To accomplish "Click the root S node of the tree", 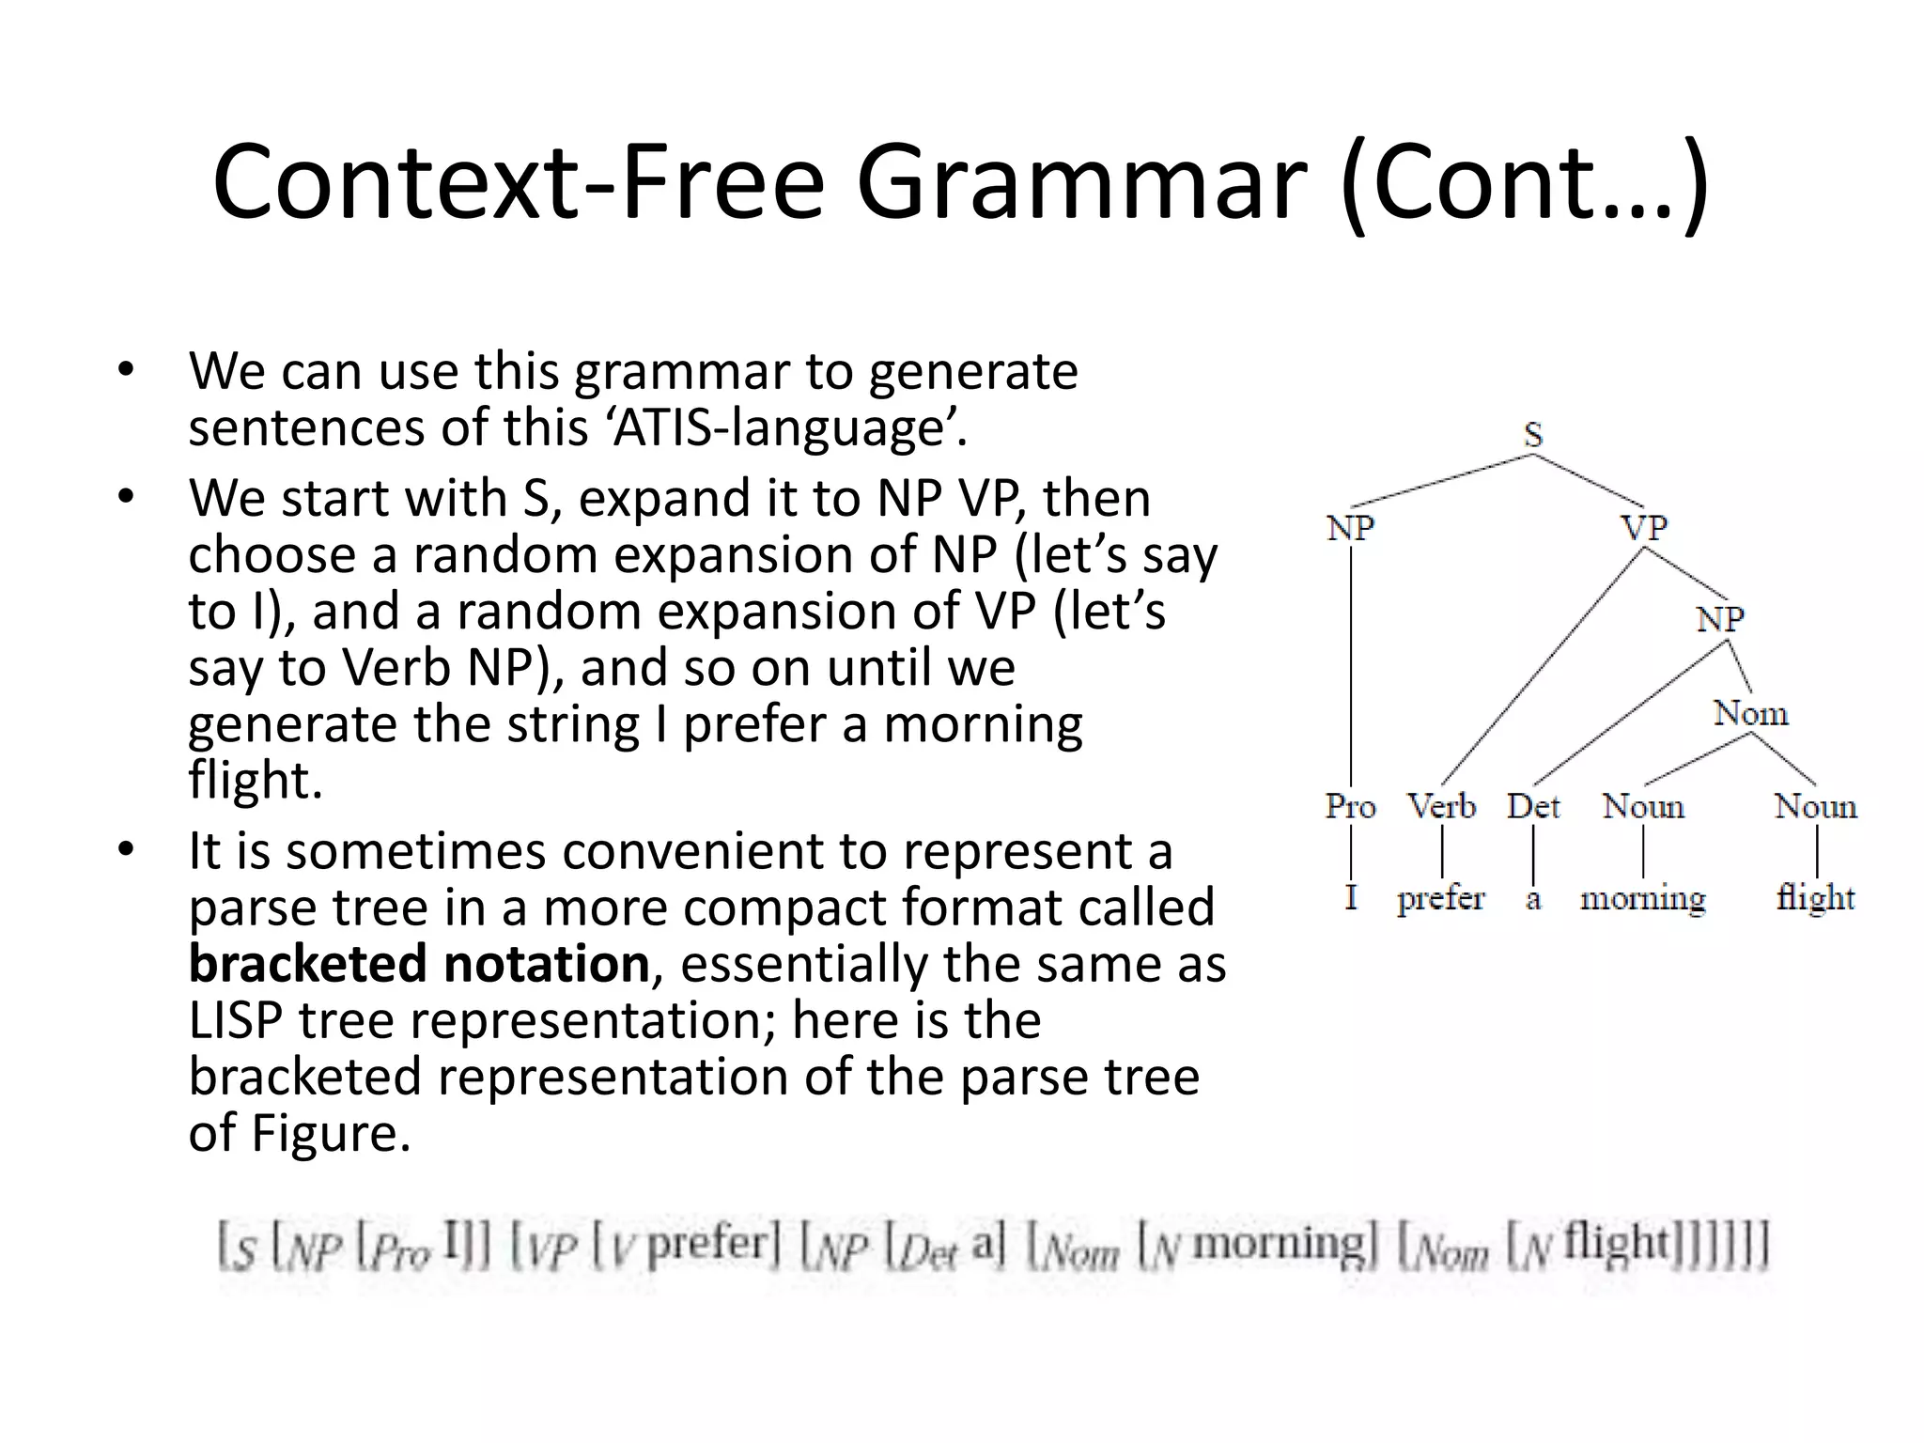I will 1532,435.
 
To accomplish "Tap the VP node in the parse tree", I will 1644,528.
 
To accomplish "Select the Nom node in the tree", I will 1750,714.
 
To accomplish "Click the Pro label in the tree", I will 1350,807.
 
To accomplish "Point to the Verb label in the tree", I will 1441,807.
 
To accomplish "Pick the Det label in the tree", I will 1532,807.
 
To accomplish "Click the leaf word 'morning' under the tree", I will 1642,899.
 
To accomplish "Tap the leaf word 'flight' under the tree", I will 1815,899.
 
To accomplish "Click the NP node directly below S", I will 1350,528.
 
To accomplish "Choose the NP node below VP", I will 1720,620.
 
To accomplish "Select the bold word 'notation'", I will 546,965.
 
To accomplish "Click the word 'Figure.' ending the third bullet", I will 331,1134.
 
